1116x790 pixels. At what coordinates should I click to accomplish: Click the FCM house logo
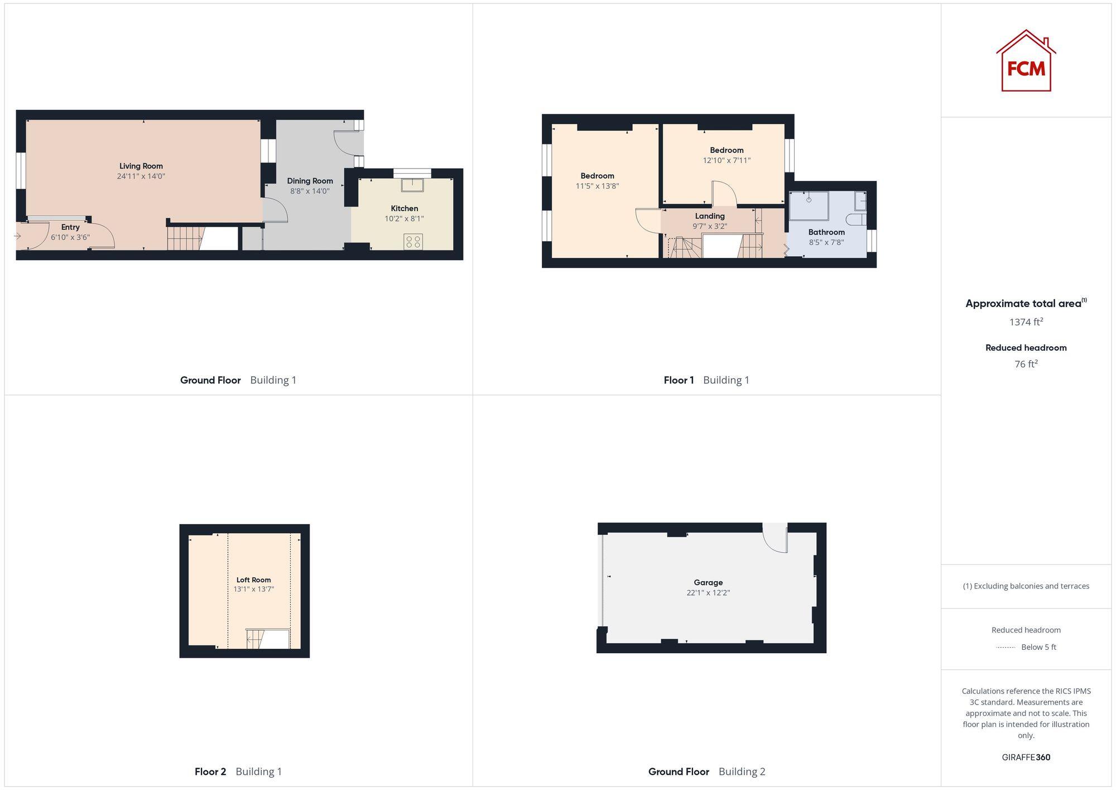click(1026, 61)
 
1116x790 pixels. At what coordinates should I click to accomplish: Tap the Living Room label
click(141, 166)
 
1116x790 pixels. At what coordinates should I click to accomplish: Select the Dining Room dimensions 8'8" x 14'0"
click(310, 191)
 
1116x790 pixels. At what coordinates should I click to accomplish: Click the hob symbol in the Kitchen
click(413, 242)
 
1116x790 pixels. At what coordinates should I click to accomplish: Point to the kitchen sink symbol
click(412, 184)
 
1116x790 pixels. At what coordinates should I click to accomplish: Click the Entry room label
click(70, 227)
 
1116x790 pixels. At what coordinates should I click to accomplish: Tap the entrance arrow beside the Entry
click(17, 236)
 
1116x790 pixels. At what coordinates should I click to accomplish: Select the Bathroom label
click(826, 232)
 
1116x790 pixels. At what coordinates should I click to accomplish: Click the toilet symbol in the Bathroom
click(854, 219)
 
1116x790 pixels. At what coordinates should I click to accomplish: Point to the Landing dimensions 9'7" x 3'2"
click(710, 226)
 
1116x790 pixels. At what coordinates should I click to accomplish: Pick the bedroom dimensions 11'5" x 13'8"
click(597, 186)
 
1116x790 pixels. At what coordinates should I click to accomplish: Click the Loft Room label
click(253, 580)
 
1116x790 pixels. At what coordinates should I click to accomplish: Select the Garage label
click(708, 582)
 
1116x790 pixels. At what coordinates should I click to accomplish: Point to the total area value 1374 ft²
click(1026, 322)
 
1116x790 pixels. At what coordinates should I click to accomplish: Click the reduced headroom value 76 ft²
click(1026, 364)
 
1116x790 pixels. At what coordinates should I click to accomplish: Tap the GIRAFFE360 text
click(1026, 758)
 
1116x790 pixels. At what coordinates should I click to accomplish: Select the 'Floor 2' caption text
click(210, 772)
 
